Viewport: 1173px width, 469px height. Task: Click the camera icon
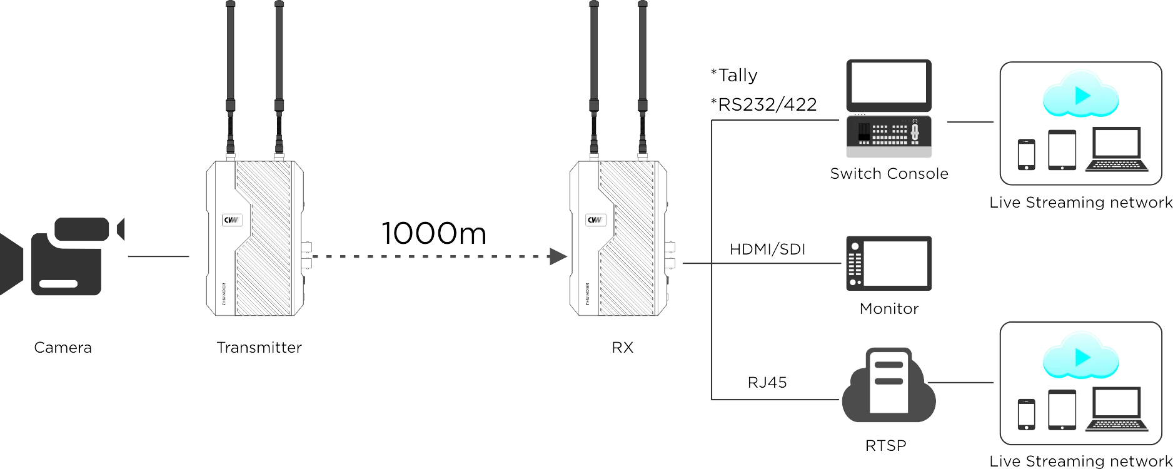tap(59, 256)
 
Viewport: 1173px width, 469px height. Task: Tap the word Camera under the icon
tap(63, 348)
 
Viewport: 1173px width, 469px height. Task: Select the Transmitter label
tap(259, 348)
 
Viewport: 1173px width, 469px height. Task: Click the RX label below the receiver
tap(622, 348)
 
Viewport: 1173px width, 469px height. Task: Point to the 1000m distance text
tap(433, 233)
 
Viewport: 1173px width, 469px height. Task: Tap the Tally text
tap(736, 76)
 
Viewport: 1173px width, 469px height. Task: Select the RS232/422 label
tap(764, 105)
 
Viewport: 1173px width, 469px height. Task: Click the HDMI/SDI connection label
tap(767, 249)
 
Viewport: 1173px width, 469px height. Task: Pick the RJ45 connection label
tap(767, 382)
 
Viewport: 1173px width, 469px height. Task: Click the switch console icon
tap(889, 110)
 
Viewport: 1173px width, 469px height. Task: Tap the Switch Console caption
tap(889, 174)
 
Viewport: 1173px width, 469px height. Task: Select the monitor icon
tap(889, 265)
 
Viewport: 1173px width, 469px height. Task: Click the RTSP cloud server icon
tap(889, 386)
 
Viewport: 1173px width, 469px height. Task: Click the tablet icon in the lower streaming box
tap(1062, 409)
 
